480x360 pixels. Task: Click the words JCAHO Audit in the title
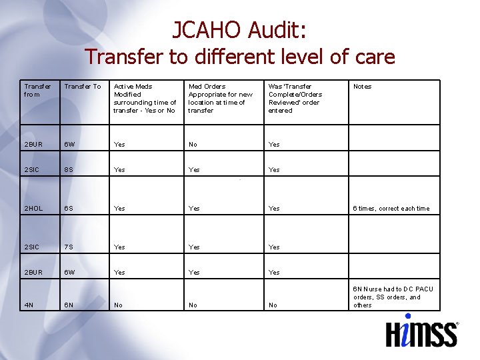(239, 29)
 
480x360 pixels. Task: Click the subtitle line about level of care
(239, 57)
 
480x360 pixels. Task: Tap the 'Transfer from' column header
(37, 90)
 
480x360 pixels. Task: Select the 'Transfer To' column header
(82, 87)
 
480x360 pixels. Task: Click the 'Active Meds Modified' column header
(145, 98)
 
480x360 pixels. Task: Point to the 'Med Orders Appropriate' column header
(221, 98)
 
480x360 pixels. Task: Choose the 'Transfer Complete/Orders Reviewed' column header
(295, 98)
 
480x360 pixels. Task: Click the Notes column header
(362, 87)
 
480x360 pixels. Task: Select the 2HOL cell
(33, 209)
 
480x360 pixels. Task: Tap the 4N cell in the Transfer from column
(29, 305)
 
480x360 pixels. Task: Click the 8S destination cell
(69, 170)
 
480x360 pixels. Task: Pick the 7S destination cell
(69, 247)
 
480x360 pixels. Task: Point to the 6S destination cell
(69, 209)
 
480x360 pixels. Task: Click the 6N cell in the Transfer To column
(69, 305)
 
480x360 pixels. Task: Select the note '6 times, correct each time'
(391, 209)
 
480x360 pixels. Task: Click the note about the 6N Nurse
(393, 297)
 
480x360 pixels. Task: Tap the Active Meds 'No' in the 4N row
(118, 305)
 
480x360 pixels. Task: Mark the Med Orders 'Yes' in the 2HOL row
(194, 209)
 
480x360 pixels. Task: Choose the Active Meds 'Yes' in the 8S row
(119, 170)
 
